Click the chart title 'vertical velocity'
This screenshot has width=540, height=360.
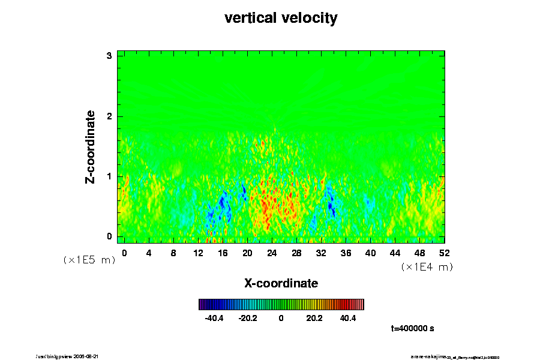pyautogui.click(x=281, y=18)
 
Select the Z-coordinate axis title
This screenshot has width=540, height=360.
pyautogui.click(x=91, y=146)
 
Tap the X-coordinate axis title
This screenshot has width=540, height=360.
pyautogui.click(x=281, y=283)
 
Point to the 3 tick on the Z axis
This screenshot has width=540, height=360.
pyautogui.click(x=110, y=56)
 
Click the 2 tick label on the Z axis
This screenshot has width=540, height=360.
pyautogui.click(x=110, y=116)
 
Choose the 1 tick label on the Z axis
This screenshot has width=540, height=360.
pyautogui.click(x=110, y=176)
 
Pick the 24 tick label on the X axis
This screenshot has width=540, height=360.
pyautogui.click(x=272, y=253)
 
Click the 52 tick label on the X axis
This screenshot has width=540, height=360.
pyautogui.click(x=444, y=253)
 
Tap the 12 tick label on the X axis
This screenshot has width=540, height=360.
pyautogui.click(x=198, y=253)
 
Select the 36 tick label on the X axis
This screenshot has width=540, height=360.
pyautogui.click(x=346, y=253)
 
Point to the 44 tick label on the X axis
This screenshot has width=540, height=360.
pyautogui.click(x=395, y=253)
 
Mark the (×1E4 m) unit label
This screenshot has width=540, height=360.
pyautogui.click(x=427, y=267)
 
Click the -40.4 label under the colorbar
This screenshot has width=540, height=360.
pyautogui.click(x=214, y=318)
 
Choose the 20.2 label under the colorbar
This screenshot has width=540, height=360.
pyautogui.click(x=314, y=318)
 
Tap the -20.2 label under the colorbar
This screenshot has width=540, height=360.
pyautogui.click(x=248, y=318)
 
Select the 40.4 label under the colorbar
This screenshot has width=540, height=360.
pyautogui.click(x=348, y=318)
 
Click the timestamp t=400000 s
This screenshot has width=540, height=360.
pyautogui.click(x=412, y=329)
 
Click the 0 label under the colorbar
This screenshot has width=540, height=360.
pyautogui.click(x=281, y=318)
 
